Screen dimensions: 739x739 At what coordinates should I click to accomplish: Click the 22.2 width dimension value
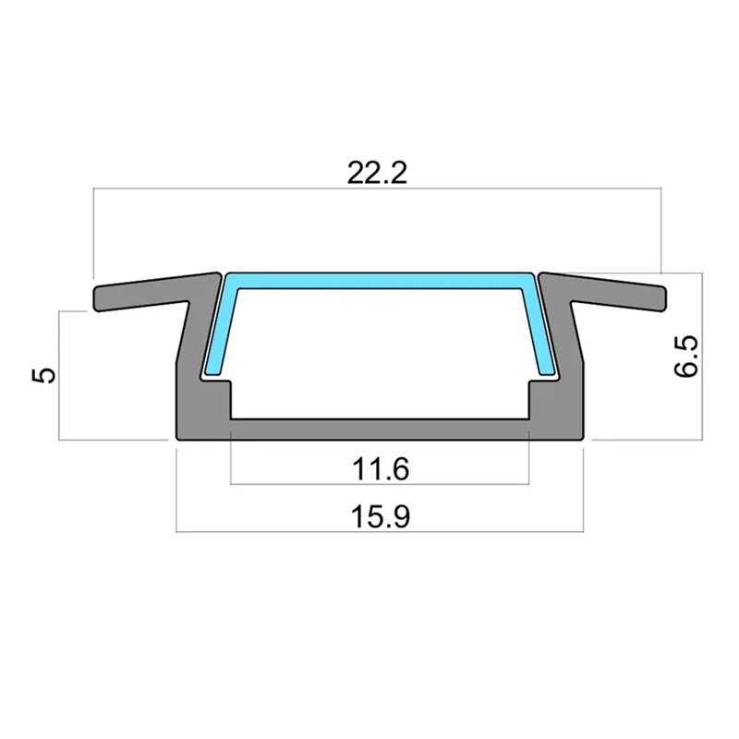point(377,173)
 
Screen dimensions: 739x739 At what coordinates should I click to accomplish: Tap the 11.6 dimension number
point(381,469)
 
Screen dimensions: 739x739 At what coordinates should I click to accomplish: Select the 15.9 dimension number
point(381,516)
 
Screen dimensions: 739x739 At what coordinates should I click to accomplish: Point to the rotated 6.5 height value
point(685,357)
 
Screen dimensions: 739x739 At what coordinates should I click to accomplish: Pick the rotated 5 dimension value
point(43,376)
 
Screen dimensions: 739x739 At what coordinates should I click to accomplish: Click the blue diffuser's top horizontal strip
point(381,281)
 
